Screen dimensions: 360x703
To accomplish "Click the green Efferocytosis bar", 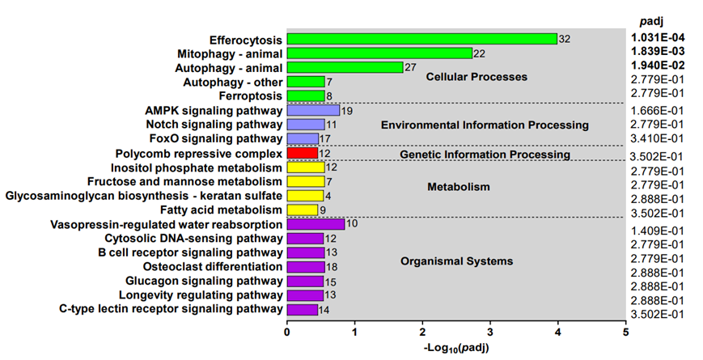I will pyautogui.click(x=421, y=39).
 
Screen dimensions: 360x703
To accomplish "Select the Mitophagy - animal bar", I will pyautogui.click(x=379, y=53).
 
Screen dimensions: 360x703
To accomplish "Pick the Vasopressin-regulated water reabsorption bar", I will pyautogui.click(x=316, y=224).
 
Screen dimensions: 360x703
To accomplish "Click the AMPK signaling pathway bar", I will pyautogui.click(x=313, y=111).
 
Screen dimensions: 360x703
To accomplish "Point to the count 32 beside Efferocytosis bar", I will pyautogui.click(x=565, y=39).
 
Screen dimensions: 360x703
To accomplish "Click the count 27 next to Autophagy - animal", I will pyautogui.click(x=409, y=68).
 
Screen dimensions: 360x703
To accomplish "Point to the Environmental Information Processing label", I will pyautogui.click(x=485, y=125).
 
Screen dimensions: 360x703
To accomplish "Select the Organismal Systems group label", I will pyautogui.click(x=456, y=261).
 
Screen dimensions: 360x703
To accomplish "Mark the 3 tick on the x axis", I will pyautogui.click(x=490, y=332).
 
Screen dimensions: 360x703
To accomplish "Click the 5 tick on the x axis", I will pyautogui.click(x=625, y=332).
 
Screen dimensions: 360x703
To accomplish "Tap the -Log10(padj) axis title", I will pyautogui.click(x=455, y=348).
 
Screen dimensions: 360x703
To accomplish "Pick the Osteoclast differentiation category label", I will pyautogui.click(x=213, y=266).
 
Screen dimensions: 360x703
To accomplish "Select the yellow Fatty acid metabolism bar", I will pyautogui.click(x=303, y=210).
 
